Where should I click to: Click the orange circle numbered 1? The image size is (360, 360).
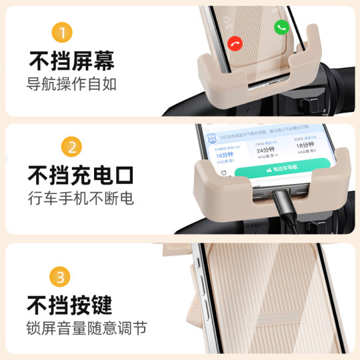[61, 32]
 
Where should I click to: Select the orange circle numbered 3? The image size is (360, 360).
[60, 276]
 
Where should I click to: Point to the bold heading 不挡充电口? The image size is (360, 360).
[80, 176]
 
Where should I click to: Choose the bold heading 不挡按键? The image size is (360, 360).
[69, 305]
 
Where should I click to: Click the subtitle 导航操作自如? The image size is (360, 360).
[72, 85]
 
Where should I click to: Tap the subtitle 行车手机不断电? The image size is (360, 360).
[80, 199]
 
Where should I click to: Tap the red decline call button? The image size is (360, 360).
[235, 43]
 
